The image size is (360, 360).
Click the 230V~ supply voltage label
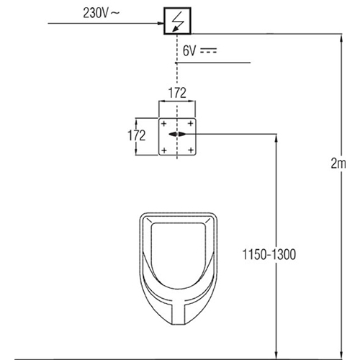101,13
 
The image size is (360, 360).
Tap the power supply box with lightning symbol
177,21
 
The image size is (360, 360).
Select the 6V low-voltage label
189,51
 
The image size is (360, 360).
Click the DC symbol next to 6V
209,50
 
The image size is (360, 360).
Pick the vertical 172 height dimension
137,135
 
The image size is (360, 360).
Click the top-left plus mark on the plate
163,124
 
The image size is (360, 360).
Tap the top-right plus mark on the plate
191,124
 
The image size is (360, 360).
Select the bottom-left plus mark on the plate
164,150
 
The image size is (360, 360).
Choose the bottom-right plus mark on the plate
191,150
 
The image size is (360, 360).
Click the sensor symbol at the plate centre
177,135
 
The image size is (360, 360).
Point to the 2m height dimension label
338,163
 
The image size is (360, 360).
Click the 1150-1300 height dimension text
269,254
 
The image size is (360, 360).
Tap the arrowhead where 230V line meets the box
161,23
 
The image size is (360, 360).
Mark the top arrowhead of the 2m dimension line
341,37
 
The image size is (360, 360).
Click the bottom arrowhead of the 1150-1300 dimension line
276,356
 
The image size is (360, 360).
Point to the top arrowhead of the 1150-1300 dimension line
276,138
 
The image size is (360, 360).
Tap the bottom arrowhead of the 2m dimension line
341,356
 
